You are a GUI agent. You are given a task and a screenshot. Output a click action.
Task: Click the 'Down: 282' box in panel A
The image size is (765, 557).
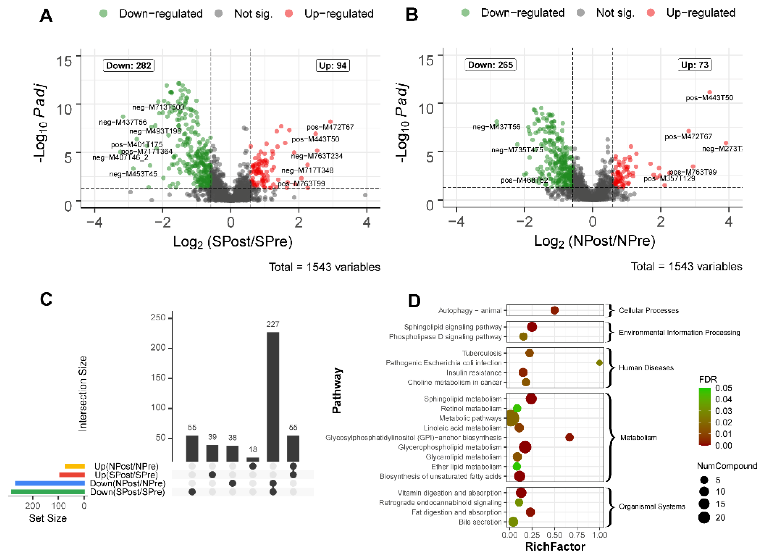(128, 65)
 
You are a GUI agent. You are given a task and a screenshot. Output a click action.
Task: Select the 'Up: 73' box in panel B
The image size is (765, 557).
(695, 65)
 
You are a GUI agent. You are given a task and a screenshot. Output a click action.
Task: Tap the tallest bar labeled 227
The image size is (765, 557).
(273, 396)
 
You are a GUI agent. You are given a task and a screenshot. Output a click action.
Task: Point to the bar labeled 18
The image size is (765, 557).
(253, 459)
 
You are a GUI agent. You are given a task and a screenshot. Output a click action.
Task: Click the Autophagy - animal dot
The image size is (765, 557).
(554, 310)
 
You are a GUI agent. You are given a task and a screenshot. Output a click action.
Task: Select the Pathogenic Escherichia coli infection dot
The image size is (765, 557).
(599, 363)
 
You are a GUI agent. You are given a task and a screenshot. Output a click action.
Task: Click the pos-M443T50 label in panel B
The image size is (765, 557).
(709, 98)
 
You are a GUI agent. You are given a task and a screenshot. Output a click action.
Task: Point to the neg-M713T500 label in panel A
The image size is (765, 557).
(158, 107)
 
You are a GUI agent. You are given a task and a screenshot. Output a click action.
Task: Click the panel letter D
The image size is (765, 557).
(414, 301)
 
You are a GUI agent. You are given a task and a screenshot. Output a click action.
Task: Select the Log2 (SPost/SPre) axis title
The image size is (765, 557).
(233, 242)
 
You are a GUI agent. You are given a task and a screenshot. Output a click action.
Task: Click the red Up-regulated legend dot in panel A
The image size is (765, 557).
(289, 14)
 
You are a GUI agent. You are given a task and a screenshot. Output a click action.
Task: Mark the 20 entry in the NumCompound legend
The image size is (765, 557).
(720, 518)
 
